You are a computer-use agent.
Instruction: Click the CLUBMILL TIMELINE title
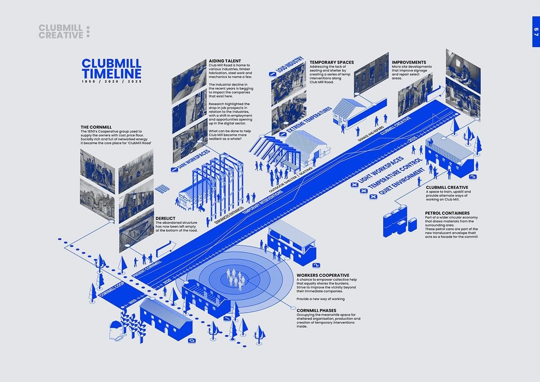click(112, 68)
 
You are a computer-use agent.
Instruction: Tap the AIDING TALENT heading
click(225, 61)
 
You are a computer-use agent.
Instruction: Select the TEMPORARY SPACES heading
click(332, 62)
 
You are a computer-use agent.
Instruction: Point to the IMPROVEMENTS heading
click(409, 62)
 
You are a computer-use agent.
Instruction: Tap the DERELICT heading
click(165, 218)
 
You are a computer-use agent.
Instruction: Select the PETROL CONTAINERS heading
click(447, 213)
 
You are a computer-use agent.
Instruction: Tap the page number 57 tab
click(535, 32)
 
